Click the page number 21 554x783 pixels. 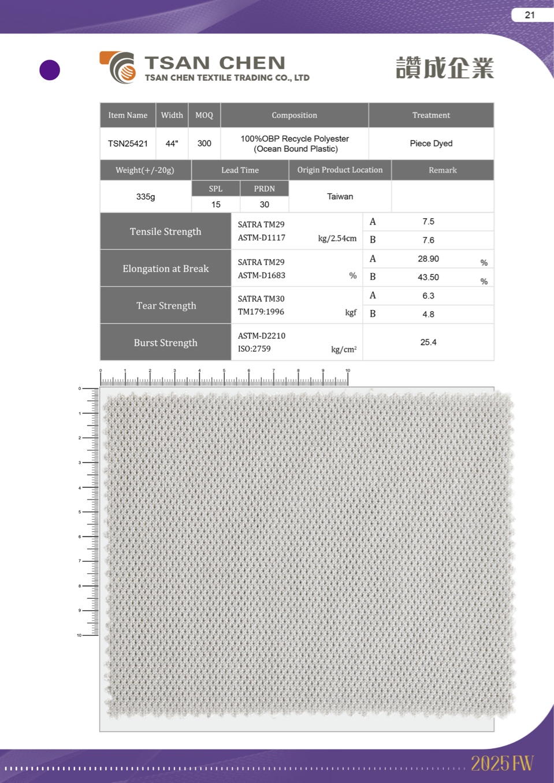[x=530, y=15]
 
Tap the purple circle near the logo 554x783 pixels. [x=50, y=70]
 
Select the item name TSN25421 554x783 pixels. [x=128, y=143]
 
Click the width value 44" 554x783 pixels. [x=172, y=143]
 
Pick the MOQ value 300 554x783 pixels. [x=204, y=143]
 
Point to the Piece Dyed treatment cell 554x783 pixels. [x=431, y=143]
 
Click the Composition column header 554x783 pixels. [x=294, y=115]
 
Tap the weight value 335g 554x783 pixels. [x=146, y=196]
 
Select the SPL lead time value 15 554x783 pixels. [x=215, y=204]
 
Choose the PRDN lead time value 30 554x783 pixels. [x=264, y=204]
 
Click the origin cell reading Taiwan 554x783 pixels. [x=340, y=196]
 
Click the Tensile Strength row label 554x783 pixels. [x=165, y=232]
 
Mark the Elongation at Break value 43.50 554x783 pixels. [x=428, y=277]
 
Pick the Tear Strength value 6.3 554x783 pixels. [x=428, y=296]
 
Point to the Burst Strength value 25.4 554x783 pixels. [x=428, y=342]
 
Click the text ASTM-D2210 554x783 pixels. [x=261, y=335]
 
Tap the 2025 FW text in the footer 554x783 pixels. [x=501, y=763]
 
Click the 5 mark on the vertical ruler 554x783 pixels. [x=80, y=512]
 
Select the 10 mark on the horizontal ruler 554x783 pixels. [x=348, y=371]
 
